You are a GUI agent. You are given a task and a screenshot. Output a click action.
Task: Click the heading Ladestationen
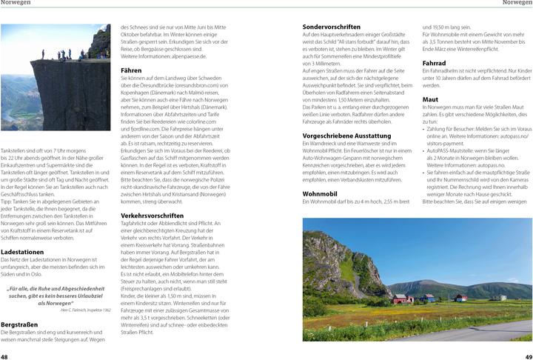[x=22, y=252]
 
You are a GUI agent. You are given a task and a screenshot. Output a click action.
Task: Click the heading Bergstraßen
[x=19, y=324]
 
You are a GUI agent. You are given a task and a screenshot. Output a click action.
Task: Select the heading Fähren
[x=131, y=70]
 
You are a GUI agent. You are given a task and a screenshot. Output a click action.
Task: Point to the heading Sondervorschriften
[x=332, y=27]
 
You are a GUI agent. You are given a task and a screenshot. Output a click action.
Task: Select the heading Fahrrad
[x=434, y=63]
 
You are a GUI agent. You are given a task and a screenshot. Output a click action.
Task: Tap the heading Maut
[x=430, y=99]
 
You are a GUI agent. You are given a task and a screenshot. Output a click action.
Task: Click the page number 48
[x=5, y=356]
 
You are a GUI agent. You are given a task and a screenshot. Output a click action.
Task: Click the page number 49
[x=527, y=356]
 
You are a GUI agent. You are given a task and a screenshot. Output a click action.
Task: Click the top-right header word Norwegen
[x=517, y=4]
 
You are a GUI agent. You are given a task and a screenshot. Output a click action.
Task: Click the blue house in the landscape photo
[x=427, y=298]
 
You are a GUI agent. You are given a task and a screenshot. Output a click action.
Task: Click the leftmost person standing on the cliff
[x=43, y=55]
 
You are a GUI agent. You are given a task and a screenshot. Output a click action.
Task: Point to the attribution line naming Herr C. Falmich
[x=81, y=310]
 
